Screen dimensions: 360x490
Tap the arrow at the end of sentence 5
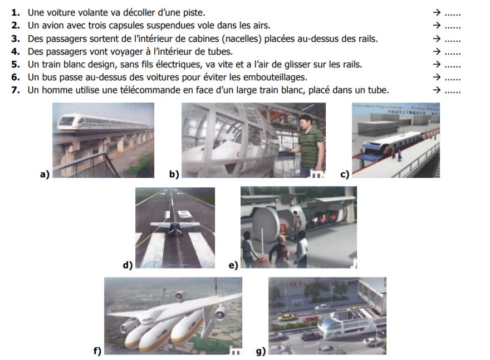(x=437, y=65)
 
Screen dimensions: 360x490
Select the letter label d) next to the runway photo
(x=128, y=264)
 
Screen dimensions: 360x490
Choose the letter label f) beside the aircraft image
(x=97, y=351)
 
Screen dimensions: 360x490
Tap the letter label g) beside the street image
(x=260, y=351)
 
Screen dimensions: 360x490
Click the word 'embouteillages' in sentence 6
(x=274, y=77)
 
